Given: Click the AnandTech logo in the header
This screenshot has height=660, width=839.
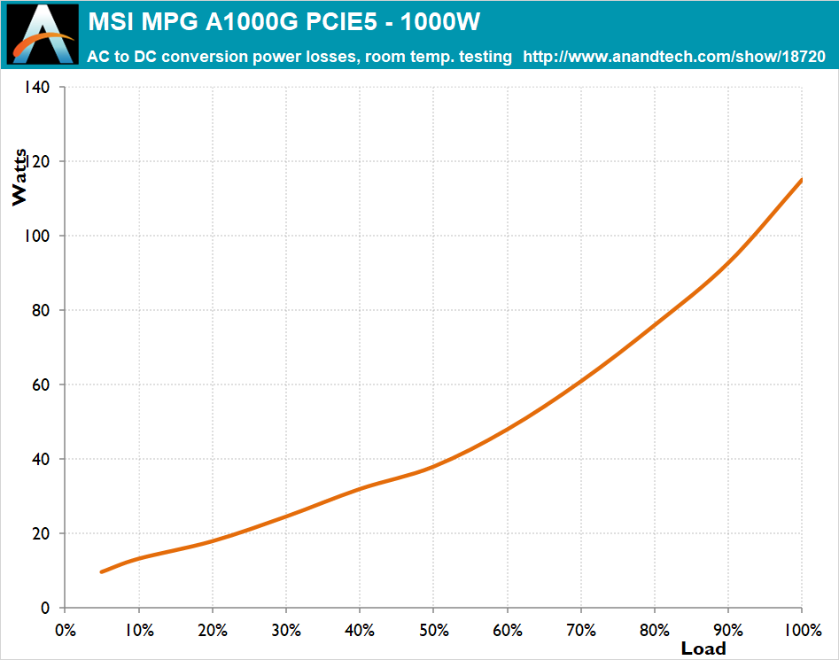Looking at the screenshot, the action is tap(43, 35).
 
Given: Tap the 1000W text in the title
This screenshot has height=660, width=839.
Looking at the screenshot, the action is tap(440, 22).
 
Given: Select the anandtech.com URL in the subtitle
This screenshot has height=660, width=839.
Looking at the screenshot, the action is tap(674, 56).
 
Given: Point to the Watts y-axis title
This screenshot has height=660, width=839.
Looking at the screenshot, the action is tap(19, 177).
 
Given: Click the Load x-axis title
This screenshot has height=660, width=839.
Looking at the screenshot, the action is tap(703, 648).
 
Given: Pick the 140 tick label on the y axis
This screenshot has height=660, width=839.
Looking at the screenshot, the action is tap(36, 87).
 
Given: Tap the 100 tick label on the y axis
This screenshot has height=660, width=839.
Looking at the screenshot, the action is tap(36, 236).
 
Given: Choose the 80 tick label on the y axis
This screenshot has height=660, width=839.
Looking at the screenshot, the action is tap(41, 310).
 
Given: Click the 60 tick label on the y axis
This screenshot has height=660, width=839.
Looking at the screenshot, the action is tap(41, 384).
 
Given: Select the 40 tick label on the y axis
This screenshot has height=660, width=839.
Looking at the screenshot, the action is tap(41, 459).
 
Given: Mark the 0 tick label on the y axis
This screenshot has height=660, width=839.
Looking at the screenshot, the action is tap(45, 608).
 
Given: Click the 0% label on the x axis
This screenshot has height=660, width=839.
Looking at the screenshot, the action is tap(66, 630).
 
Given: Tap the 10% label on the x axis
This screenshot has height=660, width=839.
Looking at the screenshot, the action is tap(139, 630).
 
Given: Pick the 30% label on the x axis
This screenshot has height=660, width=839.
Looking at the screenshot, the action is tap(286, 630).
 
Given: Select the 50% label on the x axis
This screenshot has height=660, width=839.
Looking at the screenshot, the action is tap(433, 630).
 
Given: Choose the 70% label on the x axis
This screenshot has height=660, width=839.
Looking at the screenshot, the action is tap(581, 630).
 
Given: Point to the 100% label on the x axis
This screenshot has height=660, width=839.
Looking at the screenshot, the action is tap(803, 630).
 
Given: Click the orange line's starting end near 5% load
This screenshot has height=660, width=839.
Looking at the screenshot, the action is tap(102, 571).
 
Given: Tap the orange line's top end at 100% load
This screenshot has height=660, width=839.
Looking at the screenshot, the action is tap(801, 180).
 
